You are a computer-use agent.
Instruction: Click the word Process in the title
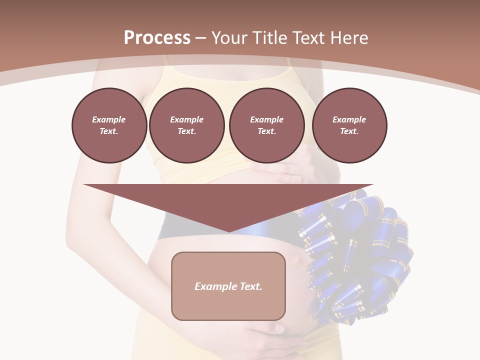point(157,38)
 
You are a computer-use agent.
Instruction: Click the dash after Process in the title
point(201,38)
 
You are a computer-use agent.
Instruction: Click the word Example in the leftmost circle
point(109,119)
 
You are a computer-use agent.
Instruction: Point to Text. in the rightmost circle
point(349,131)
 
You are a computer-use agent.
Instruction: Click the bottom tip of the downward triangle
point(228,231)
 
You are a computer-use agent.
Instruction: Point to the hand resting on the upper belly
point(282,172)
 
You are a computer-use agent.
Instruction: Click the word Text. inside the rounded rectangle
point(250,286)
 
